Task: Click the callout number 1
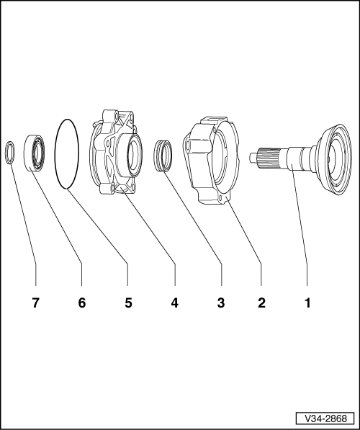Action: pos(307,303)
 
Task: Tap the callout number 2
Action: pos(261,303)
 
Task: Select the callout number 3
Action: pos(221,303)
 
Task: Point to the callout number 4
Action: pos(175,303)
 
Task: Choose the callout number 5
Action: pos(128,303)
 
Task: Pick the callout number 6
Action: pos(82,303)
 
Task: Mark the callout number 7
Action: pos(35,303)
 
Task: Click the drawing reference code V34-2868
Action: pos(325,418)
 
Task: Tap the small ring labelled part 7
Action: pos(6,153)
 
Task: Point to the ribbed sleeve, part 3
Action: pos(163,156)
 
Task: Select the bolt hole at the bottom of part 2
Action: pos(221,197)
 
